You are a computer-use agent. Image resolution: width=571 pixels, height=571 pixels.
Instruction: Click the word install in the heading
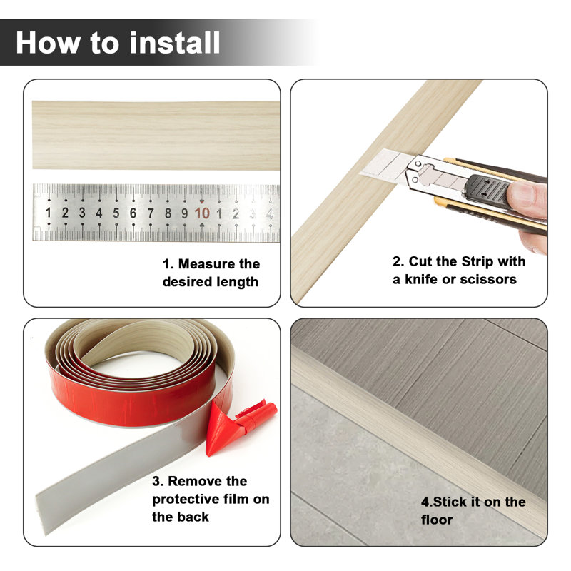pyautogui.click(x=174, y=43)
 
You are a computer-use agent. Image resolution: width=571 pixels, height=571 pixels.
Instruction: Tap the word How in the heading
pyautogui.click(x=47, y=43)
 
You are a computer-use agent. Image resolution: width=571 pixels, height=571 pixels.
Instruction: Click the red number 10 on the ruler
pyautogui.click(x=202, y=213)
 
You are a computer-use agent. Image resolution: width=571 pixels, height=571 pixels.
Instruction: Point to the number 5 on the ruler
pyautogui.click(x=116, y=213)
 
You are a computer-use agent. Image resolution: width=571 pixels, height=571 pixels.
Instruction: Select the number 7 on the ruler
pyautogui.click(x=151, y=213)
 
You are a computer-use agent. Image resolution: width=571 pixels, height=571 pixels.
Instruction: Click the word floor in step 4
pyautogui.click(x=437, y=520)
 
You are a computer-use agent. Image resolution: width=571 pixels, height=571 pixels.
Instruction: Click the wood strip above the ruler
pyautogui.click(x=156, y=135)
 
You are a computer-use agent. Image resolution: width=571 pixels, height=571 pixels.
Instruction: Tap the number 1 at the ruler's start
pyautogui.click(x=48, y=213)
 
